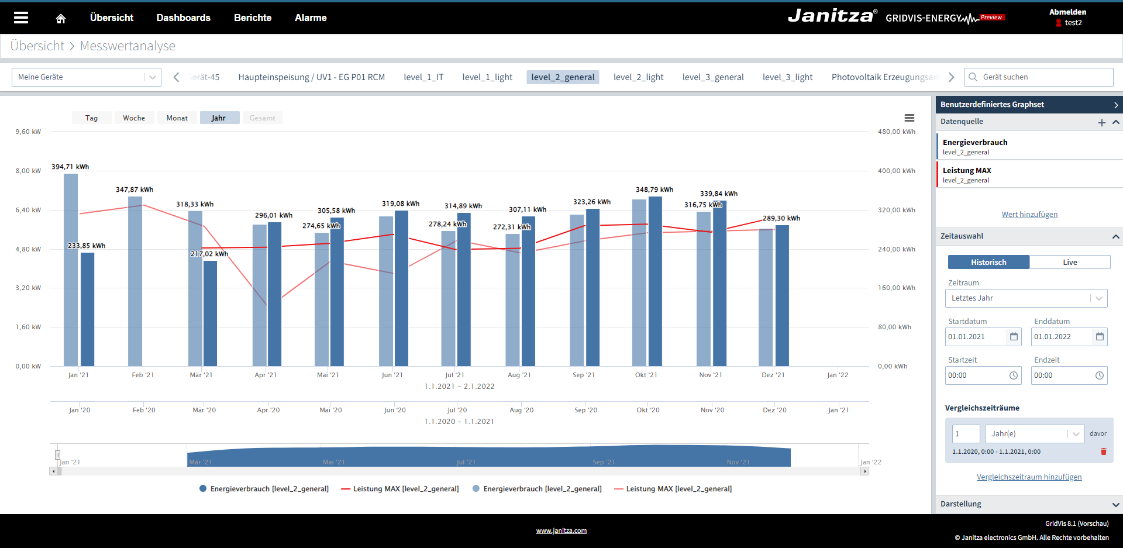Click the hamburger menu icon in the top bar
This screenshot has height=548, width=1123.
coord(21,18)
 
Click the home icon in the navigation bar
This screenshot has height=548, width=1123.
coord(61,18)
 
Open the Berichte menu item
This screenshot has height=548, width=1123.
coord(253,18)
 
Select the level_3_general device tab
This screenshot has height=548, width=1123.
coord(713,77)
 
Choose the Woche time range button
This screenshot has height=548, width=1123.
coord(134,118)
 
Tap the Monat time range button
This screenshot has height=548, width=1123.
coord(177,118)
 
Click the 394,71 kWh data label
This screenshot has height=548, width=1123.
coord(70,167)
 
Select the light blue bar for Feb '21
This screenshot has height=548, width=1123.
coord(135,281)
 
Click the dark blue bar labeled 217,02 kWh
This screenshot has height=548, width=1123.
coord(210,313)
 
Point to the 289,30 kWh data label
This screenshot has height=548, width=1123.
coord(781,218)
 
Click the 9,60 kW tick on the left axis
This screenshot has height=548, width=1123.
coord(28,132)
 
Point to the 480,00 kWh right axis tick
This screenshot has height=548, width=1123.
coord(896,132)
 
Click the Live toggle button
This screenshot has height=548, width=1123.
coord(1070,262)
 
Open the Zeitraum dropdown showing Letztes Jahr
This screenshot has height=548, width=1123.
coord(1026,298)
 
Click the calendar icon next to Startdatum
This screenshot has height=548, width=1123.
coord(1014,337)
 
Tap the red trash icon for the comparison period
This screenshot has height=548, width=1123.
coord(1104,452)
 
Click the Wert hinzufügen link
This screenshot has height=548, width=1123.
coord(1029,215)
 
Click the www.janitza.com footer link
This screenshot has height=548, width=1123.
coord(561,531)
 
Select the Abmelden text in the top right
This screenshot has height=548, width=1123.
coord(1067,12)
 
